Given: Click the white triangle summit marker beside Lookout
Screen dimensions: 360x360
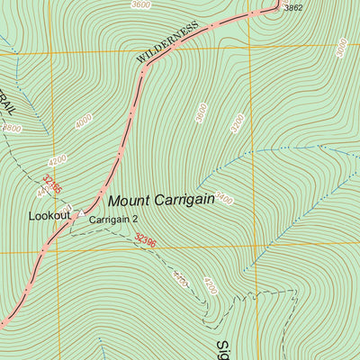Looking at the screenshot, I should (80, 214).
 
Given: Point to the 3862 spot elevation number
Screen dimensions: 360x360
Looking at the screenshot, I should (293, 8).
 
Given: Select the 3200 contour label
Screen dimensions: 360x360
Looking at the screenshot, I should (236, 124).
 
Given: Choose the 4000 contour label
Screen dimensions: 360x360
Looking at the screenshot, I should (85, 121).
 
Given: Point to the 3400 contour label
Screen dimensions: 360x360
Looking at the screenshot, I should (222, 197).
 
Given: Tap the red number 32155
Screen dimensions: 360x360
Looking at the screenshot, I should (52, 185).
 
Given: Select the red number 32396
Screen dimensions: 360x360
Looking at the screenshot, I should (145, 241).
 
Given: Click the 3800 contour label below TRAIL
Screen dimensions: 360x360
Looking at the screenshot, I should (12, 128).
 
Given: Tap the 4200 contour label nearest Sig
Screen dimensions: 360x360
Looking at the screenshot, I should (210, 286).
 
